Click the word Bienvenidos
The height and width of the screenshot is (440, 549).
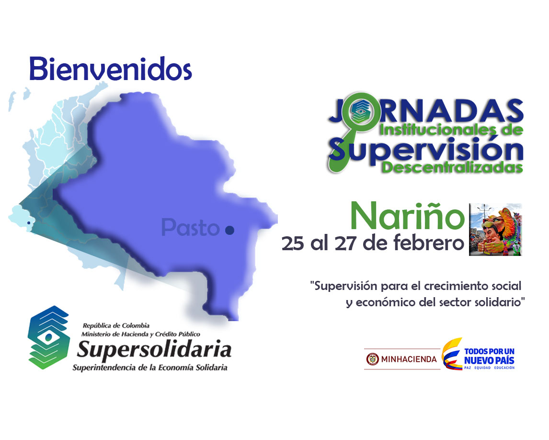click(111, 69)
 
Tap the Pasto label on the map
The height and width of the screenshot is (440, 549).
click(191, 227)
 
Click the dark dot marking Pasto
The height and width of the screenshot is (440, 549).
click(229, 230)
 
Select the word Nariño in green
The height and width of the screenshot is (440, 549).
click(407, 216)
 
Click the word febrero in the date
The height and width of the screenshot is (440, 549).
click(429, 243)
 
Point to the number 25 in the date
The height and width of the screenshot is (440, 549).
click(293, 243)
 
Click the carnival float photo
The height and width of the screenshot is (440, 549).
click(495, 230)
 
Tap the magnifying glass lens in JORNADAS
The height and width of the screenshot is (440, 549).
click(360, 111)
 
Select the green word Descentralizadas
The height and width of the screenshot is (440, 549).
click(452, 167)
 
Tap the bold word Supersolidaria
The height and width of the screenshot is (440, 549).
click(154, 350)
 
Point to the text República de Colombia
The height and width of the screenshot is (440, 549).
click(116, 325)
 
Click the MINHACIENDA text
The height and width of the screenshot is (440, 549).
click(409, 359)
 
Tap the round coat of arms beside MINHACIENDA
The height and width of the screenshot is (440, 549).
click(372, 359)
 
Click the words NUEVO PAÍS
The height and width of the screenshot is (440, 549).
click(489, 360)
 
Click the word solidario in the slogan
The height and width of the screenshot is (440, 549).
click(500, 302)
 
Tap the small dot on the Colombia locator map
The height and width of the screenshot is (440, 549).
click(29, 223)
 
